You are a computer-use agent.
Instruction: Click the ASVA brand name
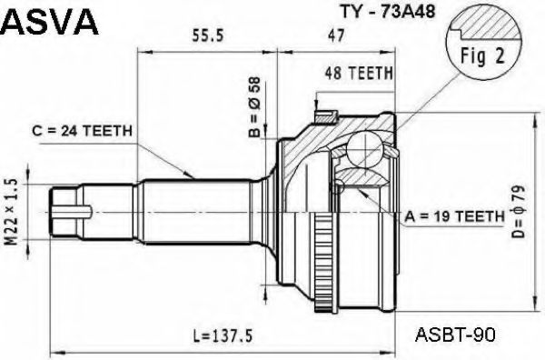[50, 22]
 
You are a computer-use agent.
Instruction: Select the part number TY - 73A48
[387, 11]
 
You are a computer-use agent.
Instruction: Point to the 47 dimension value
[336, 35]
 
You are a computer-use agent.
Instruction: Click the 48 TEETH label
[359, 73]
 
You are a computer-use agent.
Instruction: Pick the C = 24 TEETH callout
[83, 131]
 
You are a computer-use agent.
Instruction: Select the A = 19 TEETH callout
[454, 216]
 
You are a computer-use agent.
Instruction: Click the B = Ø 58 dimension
[254, 107]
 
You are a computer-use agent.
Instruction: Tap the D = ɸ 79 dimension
[518, 212]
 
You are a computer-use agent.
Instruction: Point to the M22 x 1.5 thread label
[12, 212]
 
